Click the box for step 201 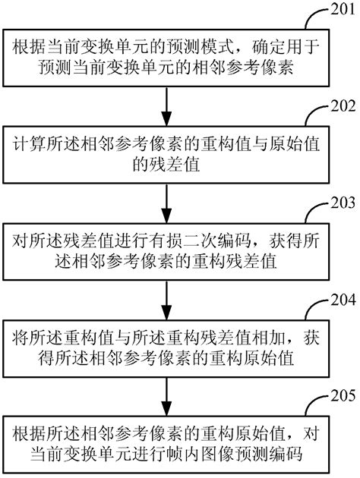[x=166, y=57]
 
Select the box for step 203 [x=166, y=250]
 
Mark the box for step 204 [x=166, y=347]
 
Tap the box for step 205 [x=166, y=445]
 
